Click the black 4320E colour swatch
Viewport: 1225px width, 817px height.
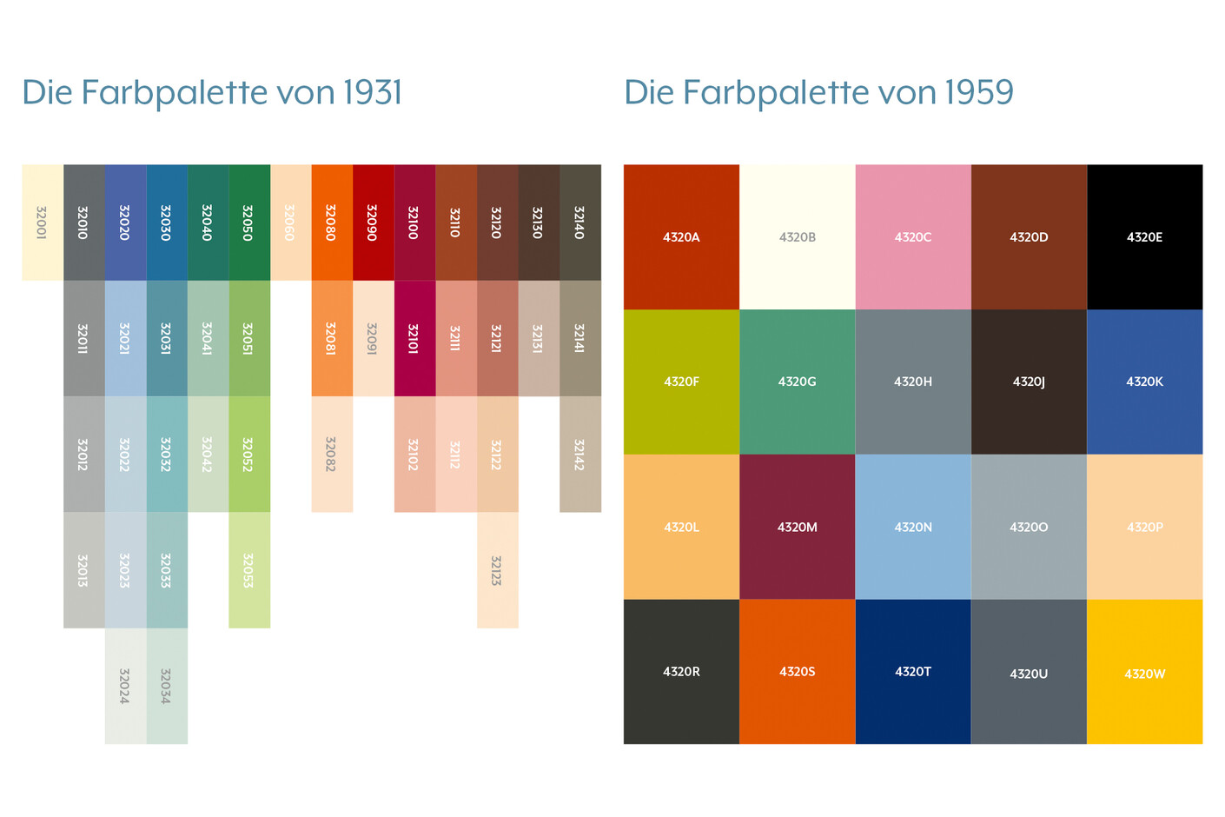point(1144,236)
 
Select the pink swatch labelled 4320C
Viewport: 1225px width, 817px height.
point(912,236)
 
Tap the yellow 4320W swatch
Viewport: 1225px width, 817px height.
point(1144,672)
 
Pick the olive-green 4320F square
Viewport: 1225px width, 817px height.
point(681,382)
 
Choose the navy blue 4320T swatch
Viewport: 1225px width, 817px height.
point(912,672)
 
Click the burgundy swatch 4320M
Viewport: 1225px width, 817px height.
point(797,527)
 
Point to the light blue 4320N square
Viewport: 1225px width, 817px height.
point(912,527)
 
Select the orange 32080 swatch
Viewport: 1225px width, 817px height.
point(332,223)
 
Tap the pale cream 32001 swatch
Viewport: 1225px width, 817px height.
point(42,223)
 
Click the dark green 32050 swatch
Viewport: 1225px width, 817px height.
point(248,223)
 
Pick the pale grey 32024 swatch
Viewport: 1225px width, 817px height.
point(125,686)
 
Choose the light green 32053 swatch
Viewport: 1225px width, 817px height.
point(248,570)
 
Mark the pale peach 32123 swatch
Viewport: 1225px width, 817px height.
point(497,570)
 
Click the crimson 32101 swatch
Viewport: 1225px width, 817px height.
point(414,338)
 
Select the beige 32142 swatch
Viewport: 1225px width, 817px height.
point(579,454)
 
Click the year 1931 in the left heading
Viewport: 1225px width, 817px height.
point(372,93)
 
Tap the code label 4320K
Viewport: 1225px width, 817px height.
point(1144,382)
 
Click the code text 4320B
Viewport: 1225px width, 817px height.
point(797,236)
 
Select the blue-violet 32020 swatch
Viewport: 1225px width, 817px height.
point(125,223)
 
